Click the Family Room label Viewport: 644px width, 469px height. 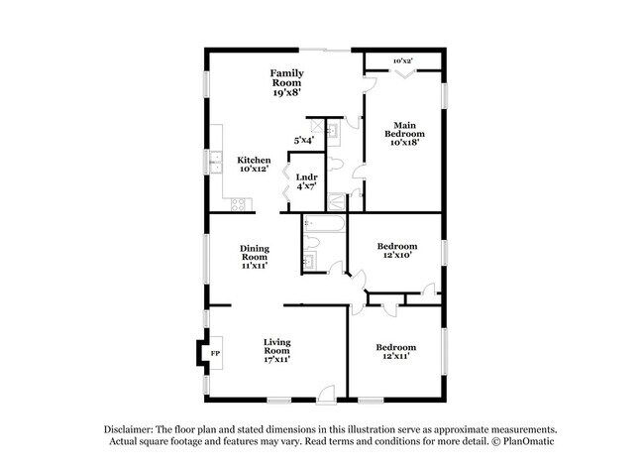coord(286,82)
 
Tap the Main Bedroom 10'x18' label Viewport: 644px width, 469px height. coord(404,134)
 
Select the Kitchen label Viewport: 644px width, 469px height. coord(254,164)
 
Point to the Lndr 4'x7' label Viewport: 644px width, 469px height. coord(307,181)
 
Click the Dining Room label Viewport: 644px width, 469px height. coord(255,257)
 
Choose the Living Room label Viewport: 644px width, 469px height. coord(276,351)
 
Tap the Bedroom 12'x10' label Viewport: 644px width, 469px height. coord(397,250)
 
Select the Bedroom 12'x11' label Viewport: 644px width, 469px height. coord(396,351)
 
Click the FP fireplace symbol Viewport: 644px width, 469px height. coord(216,353)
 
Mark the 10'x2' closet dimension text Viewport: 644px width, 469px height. coord(403,60)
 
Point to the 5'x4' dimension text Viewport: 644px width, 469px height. coord(304,140)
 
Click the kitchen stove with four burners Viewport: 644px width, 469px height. coord(238,204)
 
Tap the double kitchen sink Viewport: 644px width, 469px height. coord(216,163)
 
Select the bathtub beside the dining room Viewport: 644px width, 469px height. coord(324,224)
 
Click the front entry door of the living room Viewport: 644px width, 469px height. coord(327,394)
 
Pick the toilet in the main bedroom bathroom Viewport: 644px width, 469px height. coord(335,164)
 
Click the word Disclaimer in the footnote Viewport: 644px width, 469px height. coord(129,429)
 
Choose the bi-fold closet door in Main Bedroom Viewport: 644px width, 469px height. coord(405,73)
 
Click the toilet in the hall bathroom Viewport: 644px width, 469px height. coord(311,243)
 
